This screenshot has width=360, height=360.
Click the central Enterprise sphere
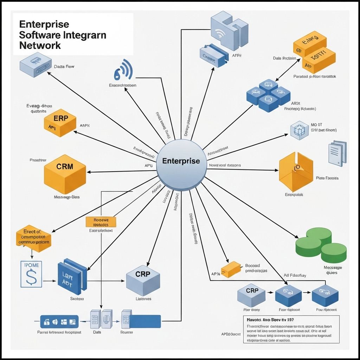click(181, 162)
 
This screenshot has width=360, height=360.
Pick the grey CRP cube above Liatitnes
click(143, 280)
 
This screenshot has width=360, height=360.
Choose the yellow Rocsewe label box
click(101, 221)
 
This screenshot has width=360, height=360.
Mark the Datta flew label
click(64, 66)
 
